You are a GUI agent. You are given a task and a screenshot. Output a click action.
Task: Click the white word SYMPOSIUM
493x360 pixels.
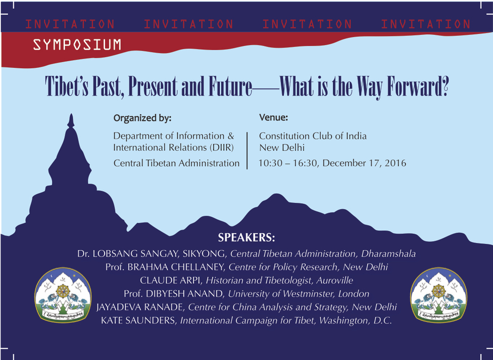tap(77, 44)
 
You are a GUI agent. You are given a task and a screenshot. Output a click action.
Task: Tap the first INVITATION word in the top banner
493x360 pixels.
tap(70, 24)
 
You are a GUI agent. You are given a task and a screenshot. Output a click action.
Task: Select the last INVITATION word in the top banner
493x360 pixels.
tap(426, 24)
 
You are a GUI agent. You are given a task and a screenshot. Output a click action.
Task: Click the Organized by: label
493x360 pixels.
tap(142, 118)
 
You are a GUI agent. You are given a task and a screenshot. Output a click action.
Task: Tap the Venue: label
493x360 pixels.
tap(274, 118)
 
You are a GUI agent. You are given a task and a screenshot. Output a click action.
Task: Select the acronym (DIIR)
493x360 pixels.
tap(221, 148)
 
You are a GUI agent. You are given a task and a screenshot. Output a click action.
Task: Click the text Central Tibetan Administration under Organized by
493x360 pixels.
tap(176, 163)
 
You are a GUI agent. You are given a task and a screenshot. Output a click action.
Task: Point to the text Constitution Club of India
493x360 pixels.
tap(313, 136)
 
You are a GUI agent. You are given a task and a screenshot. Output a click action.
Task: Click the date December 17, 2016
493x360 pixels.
tap(364, 163)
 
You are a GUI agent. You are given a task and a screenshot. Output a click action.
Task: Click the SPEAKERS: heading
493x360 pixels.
tap(247, 238)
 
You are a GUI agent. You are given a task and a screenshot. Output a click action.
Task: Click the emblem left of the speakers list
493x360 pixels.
tap(63, 295)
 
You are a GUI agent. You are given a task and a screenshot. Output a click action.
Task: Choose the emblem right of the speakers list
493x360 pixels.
tap(438, 295)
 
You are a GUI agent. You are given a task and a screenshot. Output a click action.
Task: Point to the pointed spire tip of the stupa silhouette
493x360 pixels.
tap(71, 114)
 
